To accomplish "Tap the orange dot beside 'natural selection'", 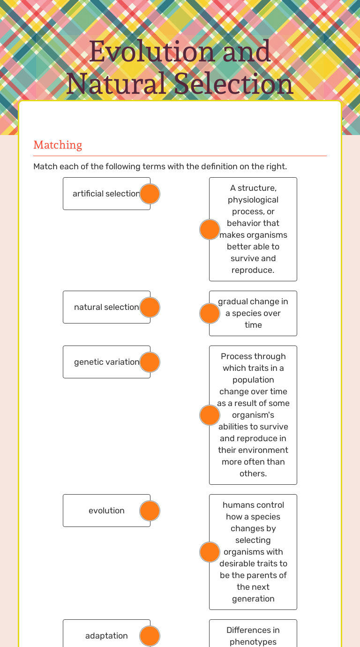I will pos(150,307).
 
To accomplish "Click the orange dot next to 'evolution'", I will pos(150,511).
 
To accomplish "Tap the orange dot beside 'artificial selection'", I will pos(150,194).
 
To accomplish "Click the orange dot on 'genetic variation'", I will pos(150,362).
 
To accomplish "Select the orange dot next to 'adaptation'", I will pos(150,636).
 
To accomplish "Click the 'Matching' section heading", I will pos(58,145).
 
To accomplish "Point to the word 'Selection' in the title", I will pos(233,84).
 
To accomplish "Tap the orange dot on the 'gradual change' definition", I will pos(210,313).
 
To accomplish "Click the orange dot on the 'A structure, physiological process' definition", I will pos(210,229).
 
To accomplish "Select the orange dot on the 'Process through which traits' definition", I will pos(210,415).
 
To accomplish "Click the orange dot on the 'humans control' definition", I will pos(210,552).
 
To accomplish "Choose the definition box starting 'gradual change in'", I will pos(253,313).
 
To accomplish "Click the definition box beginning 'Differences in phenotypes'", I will pos(253,635).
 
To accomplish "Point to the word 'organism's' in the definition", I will pos(253,415).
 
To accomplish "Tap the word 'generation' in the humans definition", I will pos(253,599).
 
